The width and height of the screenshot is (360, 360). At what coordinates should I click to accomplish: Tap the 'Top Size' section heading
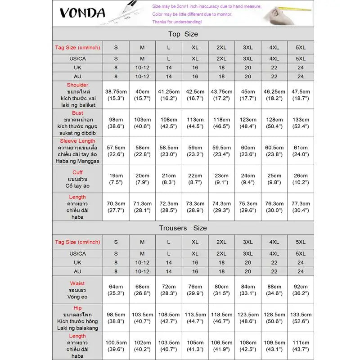coord(183,34)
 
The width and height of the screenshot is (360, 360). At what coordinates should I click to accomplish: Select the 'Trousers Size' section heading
coord(183,228)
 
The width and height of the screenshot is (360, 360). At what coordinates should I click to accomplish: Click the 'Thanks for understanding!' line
coord(177,22)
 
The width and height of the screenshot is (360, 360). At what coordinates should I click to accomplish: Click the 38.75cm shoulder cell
coord(116,94)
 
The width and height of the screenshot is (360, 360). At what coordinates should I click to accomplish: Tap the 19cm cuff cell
coord(116,179)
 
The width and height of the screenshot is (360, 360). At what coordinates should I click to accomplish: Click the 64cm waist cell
coord(116,290)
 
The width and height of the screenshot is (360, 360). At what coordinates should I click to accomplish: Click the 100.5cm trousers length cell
coord(116,346)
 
